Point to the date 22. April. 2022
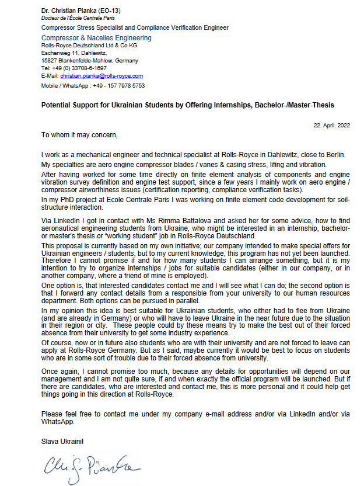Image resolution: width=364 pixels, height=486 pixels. pyautogui.click(x=331, y=126)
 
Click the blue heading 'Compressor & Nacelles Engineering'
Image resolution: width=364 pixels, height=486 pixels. pyautogui.click(x=96, y=37)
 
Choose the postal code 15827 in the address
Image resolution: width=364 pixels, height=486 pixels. pyautogui.click(x=50, y=61)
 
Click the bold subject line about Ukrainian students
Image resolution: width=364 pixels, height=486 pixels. pyautogui.click(x=187, y=105)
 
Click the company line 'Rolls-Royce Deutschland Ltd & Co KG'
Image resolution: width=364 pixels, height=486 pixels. pyautogui.click(x=89, y=46)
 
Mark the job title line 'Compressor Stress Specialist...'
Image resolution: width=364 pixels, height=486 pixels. pyautogui.click(x=135, y=27)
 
